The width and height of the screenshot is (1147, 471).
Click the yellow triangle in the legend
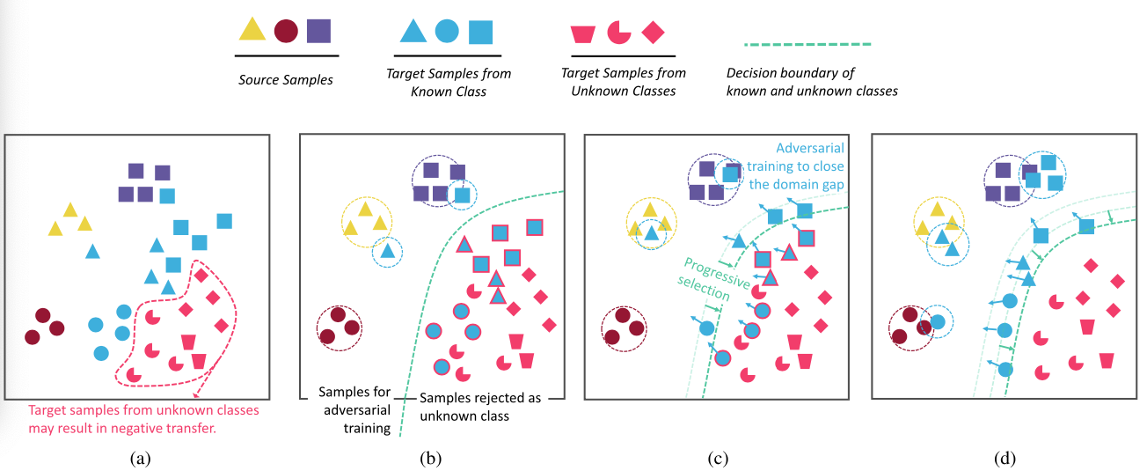tap(252, 30)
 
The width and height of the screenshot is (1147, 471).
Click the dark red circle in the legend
tap(286, 31)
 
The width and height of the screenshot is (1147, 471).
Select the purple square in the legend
tap(318, 31)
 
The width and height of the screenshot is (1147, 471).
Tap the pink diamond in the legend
tap(653, 32)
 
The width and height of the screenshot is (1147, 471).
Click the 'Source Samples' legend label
tap(286, 80)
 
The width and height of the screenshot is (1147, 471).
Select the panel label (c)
tap(716, 458)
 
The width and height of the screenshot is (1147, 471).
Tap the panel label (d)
tap(1003, 458)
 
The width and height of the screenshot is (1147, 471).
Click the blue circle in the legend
tap(446, 32)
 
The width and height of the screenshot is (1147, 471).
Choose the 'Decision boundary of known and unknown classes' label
tap(812, 82)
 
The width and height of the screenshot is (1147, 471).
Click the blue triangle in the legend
tap(413, 31)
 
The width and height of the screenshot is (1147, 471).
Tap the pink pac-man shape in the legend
tap(619, 32)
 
